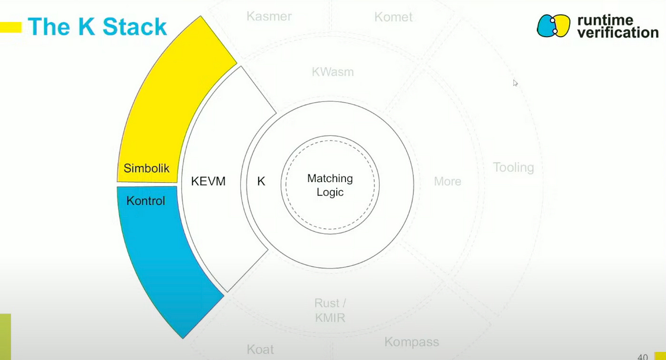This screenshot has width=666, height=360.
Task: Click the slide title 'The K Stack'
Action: tap(97, 27)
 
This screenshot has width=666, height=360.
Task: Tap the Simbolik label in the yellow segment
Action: tap(147, 168)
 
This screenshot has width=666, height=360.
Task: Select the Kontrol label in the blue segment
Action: tap(146, 201)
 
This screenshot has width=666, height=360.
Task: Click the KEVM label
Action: tap(208, 181)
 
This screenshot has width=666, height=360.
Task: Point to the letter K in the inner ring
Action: tap(261, 181)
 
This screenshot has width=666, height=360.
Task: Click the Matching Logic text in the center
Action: tap(330, 185)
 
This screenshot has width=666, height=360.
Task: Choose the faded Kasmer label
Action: tap(269, 17)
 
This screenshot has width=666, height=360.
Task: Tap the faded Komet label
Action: tap(393, 18)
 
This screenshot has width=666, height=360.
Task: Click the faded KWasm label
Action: tap(333, 72)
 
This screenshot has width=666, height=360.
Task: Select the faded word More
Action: tap(448, 181)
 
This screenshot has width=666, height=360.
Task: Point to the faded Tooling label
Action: tap(513, 167)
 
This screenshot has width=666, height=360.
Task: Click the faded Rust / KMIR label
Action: tap(330, 311)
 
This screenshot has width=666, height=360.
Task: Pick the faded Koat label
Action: tap(260, 350)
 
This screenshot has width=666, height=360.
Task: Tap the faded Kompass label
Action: tap(411, 342)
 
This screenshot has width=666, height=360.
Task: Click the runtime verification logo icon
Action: tap(553, 26)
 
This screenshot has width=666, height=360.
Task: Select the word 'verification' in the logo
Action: tap(617, 33)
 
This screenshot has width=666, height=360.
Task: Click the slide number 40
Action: tap(642, 357)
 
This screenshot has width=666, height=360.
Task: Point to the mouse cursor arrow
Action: tap(515, 83)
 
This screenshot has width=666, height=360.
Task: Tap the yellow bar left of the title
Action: tap(10, 27)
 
